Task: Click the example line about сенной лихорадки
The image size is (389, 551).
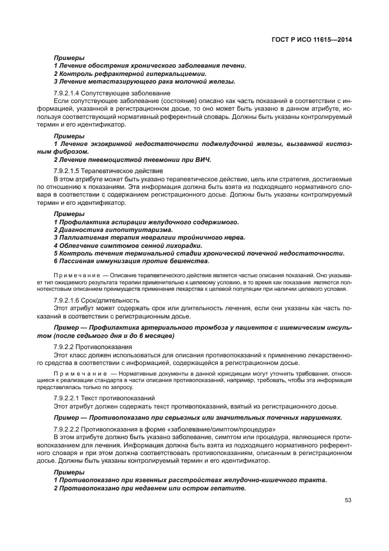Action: (128, 245)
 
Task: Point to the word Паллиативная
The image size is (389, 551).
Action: (83, 238)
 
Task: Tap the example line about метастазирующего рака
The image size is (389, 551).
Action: (144, 82)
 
